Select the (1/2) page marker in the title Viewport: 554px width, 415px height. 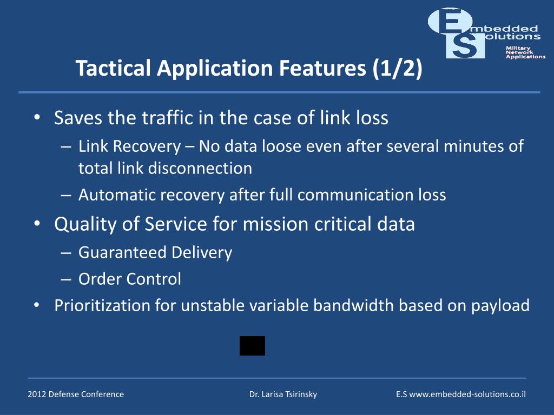pos(397,69)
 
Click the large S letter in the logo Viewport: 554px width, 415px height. pos(465,46)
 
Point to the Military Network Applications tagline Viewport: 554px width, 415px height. pos(525,52)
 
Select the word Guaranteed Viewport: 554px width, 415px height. pos(123,252)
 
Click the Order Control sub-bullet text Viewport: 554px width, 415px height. pos(130,279)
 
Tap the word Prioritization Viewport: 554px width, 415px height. pos(102,306)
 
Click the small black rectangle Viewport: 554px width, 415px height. pos(252,346)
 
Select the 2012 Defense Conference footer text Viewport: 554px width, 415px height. pos(76,394)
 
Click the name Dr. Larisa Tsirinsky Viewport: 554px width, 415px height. pos(283,394)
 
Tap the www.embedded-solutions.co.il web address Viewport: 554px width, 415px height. pos(467,394)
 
